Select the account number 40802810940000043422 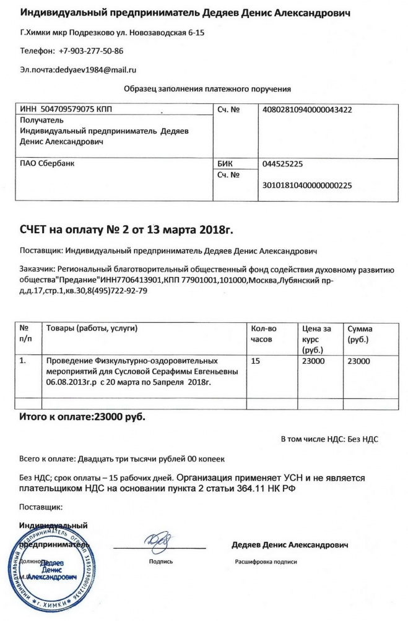tap(308, 110)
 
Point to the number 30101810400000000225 tap(308, 185)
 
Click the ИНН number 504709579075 tap(67, 110)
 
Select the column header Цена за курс tap(315, 339)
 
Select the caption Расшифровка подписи tap(266, 562)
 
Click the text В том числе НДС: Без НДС tap(329, 439)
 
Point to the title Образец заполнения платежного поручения tap(207, 89)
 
